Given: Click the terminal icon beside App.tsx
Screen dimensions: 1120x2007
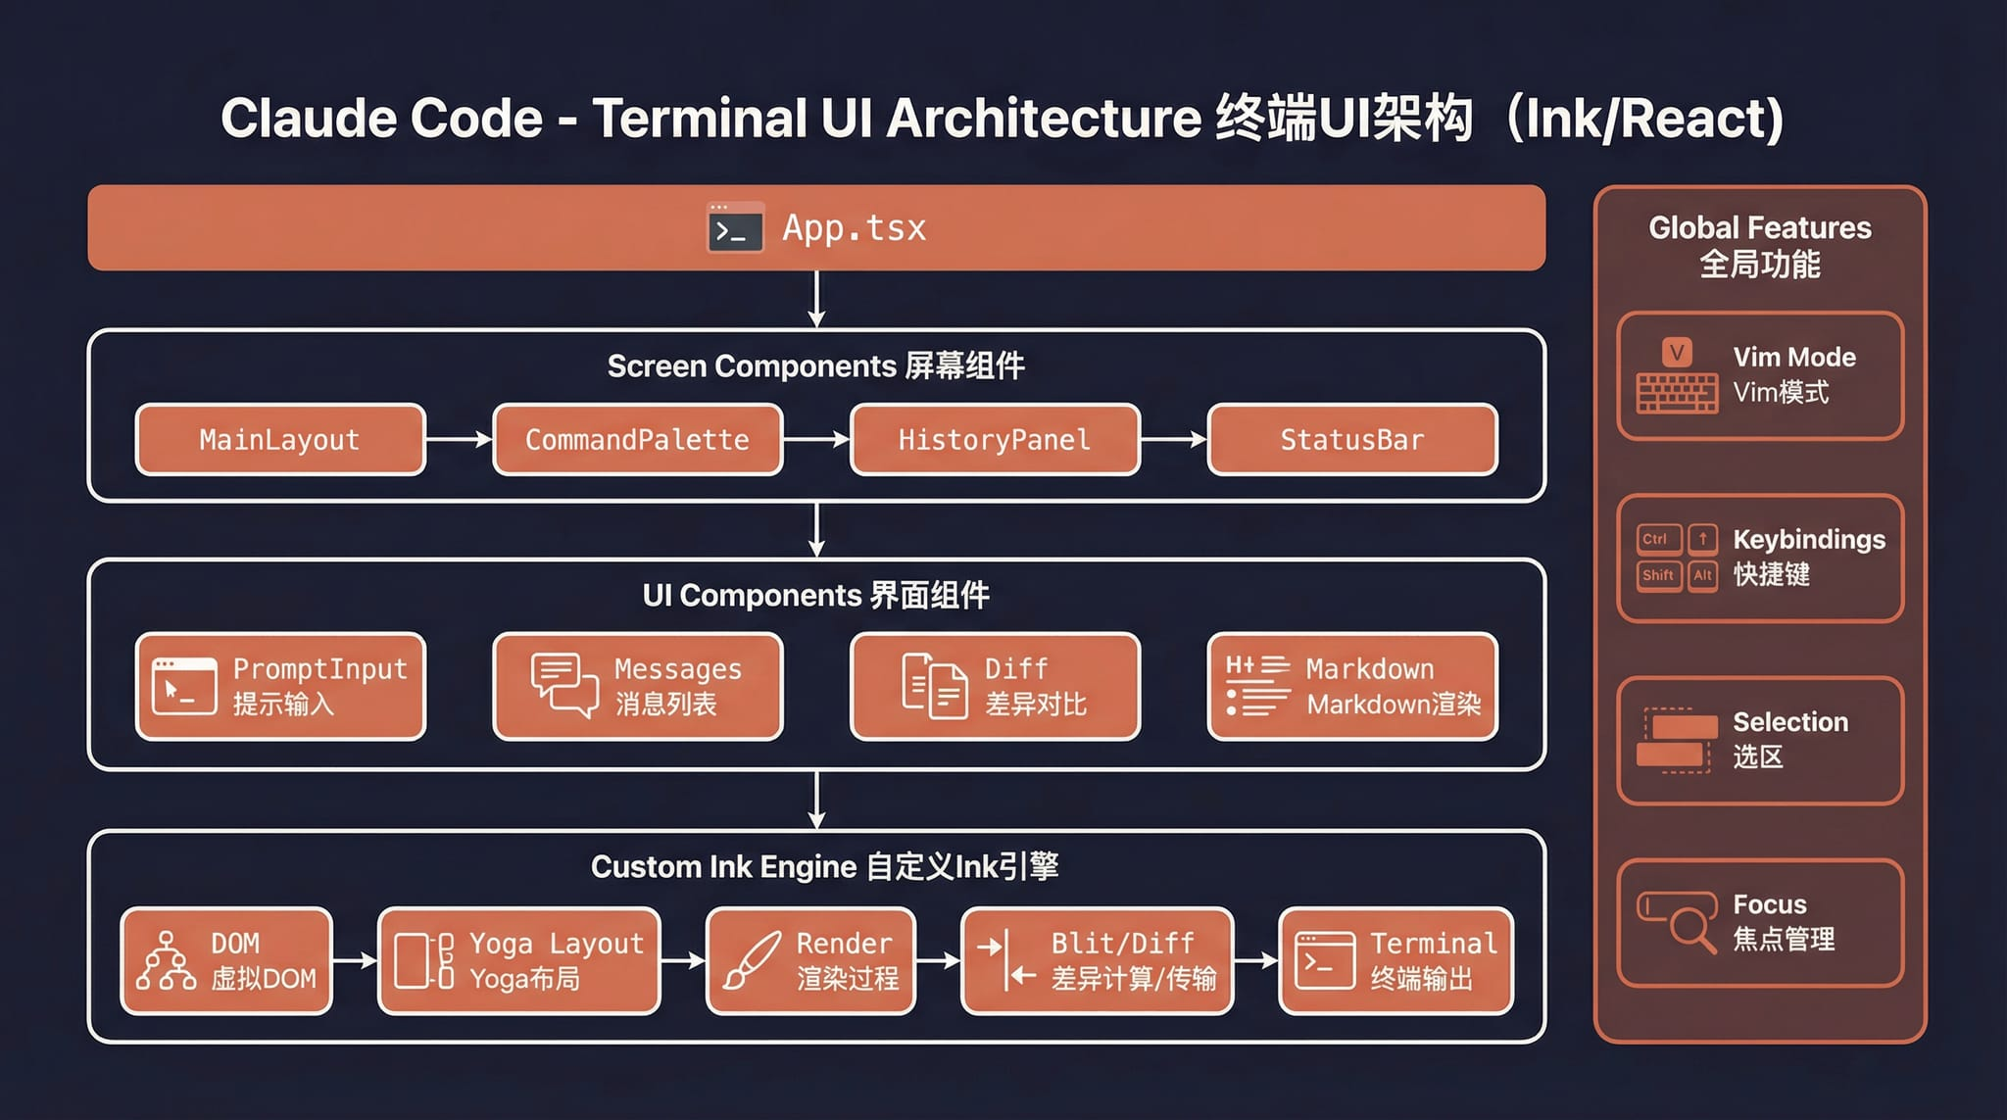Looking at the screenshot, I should pos(735,227).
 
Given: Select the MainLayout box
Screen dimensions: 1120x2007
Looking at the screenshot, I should pos(280,440).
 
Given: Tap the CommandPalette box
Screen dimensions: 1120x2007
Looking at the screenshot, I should pos(637,440).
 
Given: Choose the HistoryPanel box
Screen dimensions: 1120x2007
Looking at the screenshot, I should pos(995,440).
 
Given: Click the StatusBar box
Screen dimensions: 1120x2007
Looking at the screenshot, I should pos(1352,440).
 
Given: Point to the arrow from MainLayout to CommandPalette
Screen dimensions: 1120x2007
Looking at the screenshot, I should pos(459,440).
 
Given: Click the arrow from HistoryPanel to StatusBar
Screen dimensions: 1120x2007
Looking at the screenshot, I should pos(1173,440).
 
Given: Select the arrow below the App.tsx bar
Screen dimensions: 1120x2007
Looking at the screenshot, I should pos(816,299).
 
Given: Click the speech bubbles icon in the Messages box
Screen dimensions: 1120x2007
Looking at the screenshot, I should pos(563,685).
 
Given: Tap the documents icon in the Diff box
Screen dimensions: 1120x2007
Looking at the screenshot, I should pos(934,685).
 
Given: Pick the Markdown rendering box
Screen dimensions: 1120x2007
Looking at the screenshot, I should pos(1352,686).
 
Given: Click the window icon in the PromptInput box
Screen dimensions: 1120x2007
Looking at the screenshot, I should pos(184,685).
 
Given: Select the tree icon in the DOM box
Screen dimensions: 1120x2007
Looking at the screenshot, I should pos(166,960).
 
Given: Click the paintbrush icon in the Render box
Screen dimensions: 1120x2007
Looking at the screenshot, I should pos(751,960).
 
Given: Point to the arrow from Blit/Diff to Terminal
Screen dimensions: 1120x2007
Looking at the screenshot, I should pos(1255,960).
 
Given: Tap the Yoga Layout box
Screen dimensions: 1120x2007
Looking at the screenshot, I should pos(519,960).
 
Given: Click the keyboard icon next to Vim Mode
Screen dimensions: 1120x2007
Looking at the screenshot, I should pos(1677,392).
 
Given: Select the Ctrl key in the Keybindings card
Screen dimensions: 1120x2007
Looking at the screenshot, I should pos(1657,539).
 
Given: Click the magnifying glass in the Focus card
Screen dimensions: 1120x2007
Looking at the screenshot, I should pos(1691,926).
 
